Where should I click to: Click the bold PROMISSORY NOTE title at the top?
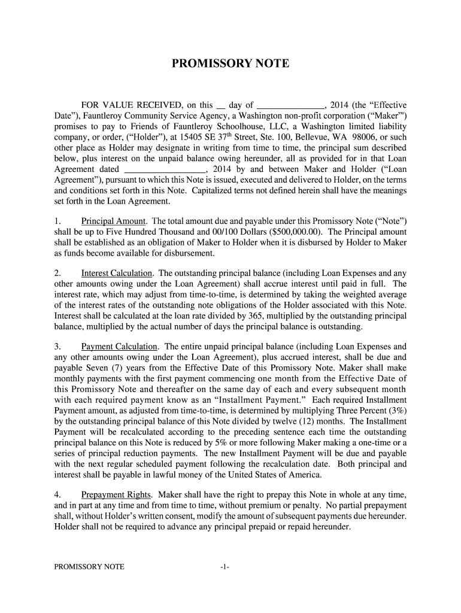pos(230,63)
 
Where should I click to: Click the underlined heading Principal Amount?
pos(114,221)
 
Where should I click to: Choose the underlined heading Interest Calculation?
pos(117,274)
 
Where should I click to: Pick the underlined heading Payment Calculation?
pos(119,347)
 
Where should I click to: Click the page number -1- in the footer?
pos(225,567)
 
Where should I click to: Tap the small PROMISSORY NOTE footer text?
pos(89,567)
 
